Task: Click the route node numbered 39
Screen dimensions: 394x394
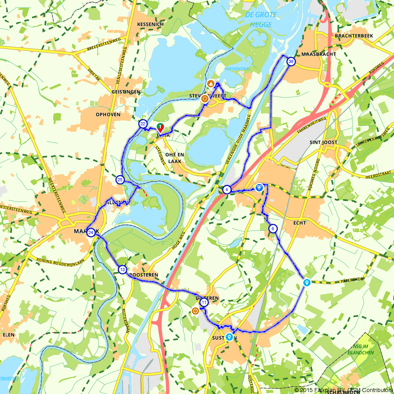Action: [x=291, y=61]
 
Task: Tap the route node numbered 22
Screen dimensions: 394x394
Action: [x=143, y=124]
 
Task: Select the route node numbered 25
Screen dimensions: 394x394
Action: [x=120, y=180]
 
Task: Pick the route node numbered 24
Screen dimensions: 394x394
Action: [x=91, y=232]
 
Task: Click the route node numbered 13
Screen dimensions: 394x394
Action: [x=123, y=269]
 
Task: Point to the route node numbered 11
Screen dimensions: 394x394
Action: [x=204, y=303]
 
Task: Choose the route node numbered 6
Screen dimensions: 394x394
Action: [x=272, y=229]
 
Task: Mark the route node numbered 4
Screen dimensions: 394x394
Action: [x=227, y=190]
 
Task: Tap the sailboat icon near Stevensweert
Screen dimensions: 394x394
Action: [x=211, y=84]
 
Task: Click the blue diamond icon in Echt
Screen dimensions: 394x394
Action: [x=259, y=188]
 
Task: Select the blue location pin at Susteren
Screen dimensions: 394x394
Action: [x=229, y=337]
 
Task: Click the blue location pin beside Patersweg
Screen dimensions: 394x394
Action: [x=307, y=282]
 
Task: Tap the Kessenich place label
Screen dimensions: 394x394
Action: [x=150, y=24]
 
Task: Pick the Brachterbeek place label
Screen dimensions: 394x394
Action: [x=353, y=36]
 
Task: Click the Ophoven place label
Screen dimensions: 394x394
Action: [x=108, y=115]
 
